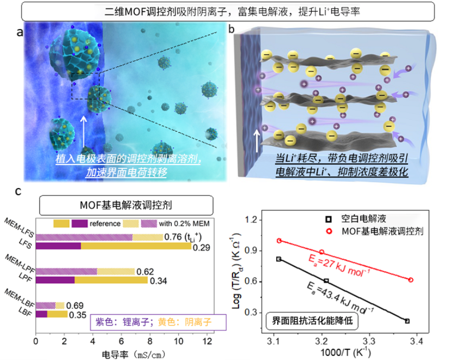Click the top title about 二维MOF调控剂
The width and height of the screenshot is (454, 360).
226,11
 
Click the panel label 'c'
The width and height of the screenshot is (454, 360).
18,191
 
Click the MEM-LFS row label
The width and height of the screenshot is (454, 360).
18,228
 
